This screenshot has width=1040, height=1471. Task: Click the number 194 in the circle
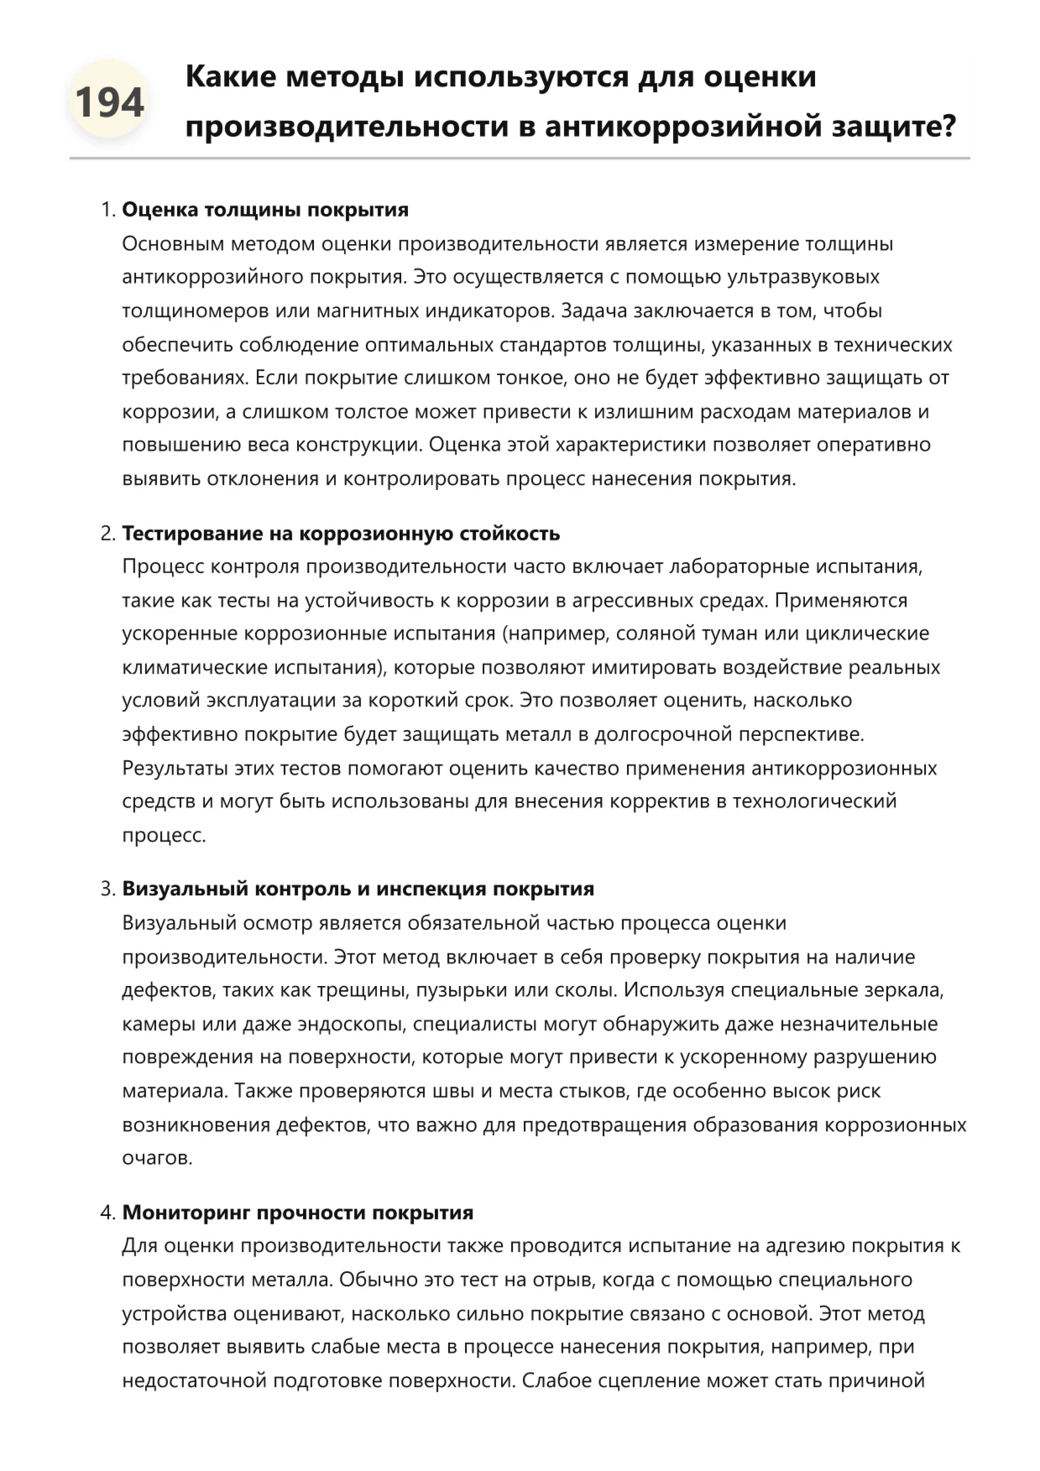click(109, 102)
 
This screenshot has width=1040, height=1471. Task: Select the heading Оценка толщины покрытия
click(265, 210)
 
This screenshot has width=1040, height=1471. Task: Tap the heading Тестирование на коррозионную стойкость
click(341, 533)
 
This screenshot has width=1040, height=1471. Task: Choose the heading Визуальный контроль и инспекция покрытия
click(358, 889)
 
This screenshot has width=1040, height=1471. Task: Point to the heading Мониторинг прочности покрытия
click(298, 1213)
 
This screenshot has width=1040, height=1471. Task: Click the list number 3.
click(107, 889)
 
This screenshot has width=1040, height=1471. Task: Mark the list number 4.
click(107, 1213)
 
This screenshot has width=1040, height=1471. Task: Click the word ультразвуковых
click(803, 277)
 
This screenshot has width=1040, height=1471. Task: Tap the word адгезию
click(799, 1246)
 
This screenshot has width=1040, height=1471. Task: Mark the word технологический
click(814, 801)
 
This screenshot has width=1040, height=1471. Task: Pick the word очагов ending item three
click(156, 1158)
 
